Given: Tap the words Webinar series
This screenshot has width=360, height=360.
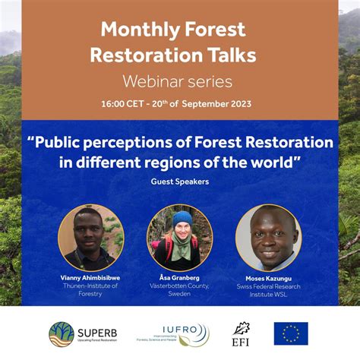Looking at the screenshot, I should click(x=179, y=81).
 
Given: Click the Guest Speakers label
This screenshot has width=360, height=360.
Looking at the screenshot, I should click(x=180, y=182).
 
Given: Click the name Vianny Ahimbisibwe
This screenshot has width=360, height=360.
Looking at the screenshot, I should click(x=90, y=278).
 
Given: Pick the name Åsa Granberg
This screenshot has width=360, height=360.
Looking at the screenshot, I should click(x=180, y=278).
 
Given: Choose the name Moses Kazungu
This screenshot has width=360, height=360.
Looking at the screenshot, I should click(x=269, y=278).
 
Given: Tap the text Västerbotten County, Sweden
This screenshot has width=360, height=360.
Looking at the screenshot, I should click(x=180, y=290).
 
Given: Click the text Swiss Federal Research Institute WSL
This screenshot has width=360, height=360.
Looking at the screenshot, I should click(x=269, y=290).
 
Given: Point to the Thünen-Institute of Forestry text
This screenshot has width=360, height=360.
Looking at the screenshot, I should click(x=90, y=290).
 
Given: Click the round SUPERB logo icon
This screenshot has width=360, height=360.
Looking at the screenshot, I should click(x=62, y=333).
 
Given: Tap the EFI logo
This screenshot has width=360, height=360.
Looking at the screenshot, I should click(x=242, y=333).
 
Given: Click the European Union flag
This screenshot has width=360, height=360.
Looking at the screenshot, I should click(x=291, y=333).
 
